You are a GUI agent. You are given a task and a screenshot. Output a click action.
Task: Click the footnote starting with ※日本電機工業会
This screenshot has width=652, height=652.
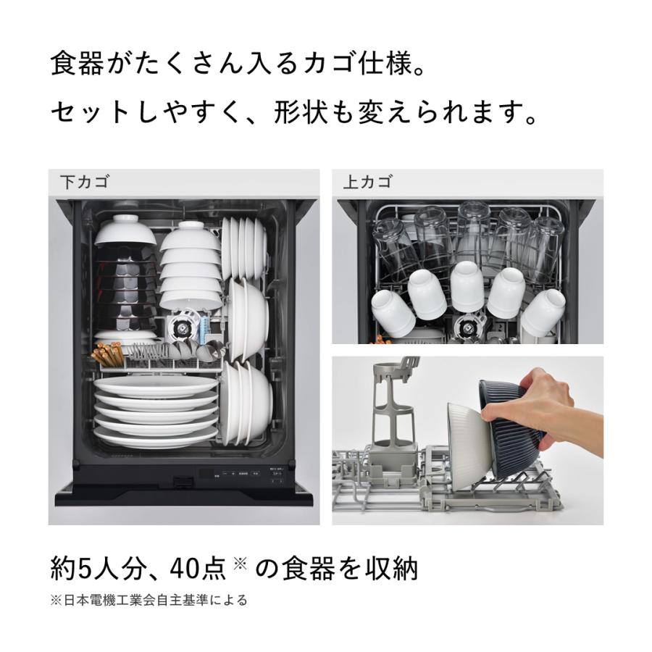click(149, 600)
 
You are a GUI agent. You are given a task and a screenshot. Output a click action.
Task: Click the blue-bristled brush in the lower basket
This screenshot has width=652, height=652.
click(205, 327)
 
